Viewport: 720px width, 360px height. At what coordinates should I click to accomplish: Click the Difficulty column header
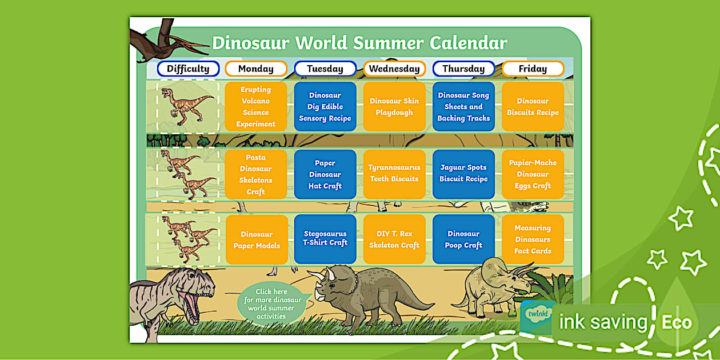[x=189, y=69]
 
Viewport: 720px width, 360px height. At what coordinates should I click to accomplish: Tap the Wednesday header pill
[x=394, y=69]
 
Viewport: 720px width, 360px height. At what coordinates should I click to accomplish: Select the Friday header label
[x=533, y=69]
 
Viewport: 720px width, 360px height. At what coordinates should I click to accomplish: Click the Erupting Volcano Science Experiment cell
[x=256, y=106]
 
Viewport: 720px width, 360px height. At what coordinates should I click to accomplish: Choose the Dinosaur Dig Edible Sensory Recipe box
[x=325, y=106]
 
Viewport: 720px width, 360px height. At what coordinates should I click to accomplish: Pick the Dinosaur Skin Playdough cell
[x=394, y=106]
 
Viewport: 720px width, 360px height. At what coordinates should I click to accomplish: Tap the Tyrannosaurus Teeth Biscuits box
[x=394, y=174]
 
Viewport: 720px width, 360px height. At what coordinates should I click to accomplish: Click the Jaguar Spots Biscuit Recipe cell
[x=463, y=174]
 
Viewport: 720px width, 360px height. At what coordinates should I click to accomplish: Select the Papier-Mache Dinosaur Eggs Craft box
[x=533, y=174]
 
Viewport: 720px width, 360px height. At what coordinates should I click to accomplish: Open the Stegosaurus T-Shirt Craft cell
[x=325, y=239]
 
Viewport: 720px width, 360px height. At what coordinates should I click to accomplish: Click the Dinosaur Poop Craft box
[x=463, y=239]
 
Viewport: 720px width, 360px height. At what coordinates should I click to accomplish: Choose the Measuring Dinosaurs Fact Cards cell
[x=533, y=239]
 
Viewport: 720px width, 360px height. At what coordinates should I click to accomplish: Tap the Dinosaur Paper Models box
[x=257, y=239]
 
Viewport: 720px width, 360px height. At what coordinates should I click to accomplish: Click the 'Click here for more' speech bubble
[x=272, y=303]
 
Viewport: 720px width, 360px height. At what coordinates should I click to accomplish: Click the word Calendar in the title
[x=469, y=43]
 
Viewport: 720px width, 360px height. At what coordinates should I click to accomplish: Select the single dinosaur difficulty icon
[x=187, y=107]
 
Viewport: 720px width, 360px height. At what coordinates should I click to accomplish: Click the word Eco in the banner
[x=676, y=322]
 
